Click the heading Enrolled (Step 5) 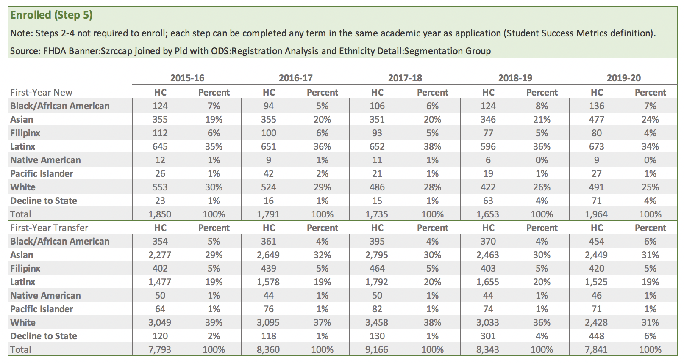click(51, 15)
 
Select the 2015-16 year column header click(187, 78)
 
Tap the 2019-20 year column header click(623, 78)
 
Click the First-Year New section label click(41, 93)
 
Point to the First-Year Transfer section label click(49, 228)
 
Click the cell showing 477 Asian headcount click(596, 120)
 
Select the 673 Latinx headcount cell click(596, 147)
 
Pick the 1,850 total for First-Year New click(160, 214)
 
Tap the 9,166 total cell click(377, 350)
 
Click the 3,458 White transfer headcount click(377, 323)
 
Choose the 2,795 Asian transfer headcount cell click(377, 255)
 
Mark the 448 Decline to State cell click(596, 336)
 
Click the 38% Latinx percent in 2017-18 click(432, 147)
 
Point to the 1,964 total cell click(596, 214)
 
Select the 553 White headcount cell click(160, 187)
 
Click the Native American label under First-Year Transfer click(45, 296)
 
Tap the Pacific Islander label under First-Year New click(42, 174)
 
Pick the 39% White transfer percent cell click(214, 323)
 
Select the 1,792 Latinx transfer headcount click(377, 282)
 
